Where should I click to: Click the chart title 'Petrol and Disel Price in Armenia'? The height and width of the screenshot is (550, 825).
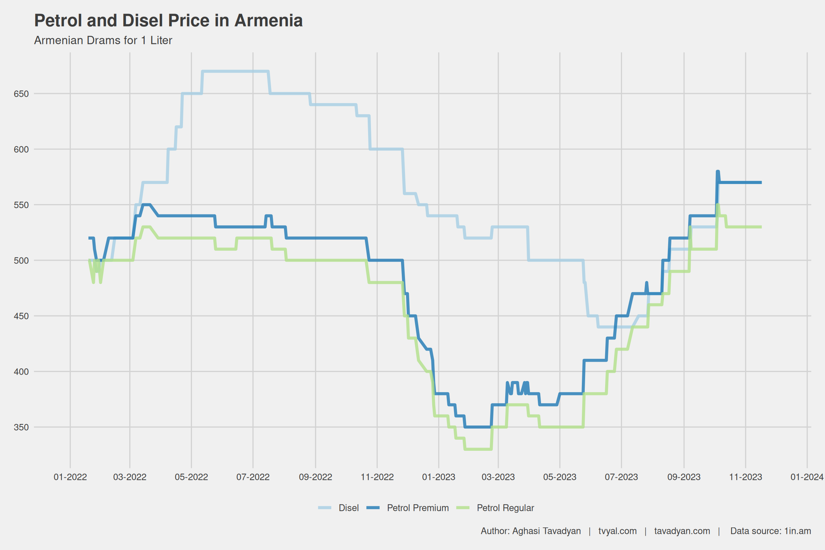click(x=168, y=21)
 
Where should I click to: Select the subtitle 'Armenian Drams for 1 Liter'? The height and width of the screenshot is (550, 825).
click(x=103, y=40)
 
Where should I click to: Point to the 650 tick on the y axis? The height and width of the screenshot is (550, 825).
click(x=21, y=94)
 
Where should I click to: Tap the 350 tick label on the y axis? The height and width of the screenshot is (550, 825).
click(x=21, y=428)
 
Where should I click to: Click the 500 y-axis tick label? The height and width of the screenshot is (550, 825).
click(x=21, y=261)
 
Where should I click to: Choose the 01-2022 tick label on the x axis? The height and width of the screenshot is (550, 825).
click(x=70, y=477)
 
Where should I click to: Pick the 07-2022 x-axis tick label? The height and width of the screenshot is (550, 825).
click(x=253, y=477)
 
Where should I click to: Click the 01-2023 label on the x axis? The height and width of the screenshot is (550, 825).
click(x=439, y=477)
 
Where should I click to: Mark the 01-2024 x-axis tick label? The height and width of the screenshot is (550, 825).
click(x=807, y=477)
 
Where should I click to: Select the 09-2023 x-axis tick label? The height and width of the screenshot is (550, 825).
click(x=684, y=477)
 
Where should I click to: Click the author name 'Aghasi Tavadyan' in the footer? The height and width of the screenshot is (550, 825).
click(x=546, y=531)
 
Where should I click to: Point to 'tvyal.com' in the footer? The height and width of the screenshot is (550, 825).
click(x=618, y=531)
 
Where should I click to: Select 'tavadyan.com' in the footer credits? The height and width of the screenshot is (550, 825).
click(x=682, y=531)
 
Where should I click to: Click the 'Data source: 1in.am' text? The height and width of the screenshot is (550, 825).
click(x=771, y=531)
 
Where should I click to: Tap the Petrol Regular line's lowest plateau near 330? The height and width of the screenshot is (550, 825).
click(x=478, y=449)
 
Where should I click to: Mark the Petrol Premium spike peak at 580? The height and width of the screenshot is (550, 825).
click(x=718, y=172)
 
